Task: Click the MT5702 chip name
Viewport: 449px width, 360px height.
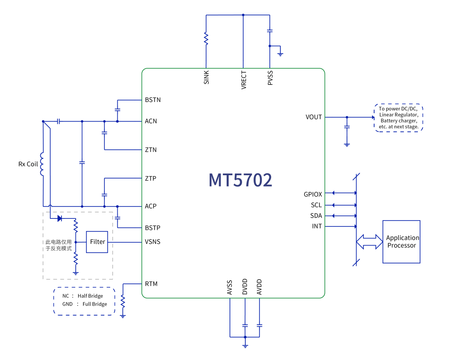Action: [240, 180]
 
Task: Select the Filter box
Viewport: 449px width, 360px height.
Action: [97, 242]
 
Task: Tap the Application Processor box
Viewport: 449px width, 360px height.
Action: [401, 241]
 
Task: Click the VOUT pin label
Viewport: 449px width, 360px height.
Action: [313, 117]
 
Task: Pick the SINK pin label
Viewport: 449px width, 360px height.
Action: [207, 77]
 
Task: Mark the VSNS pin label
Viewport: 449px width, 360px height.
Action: [153, 242]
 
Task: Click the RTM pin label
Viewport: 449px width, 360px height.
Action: [151, 284]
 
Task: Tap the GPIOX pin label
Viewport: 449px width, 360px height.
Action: [313, 194]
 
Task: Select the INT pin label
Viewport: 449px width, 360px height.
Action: [317, 226]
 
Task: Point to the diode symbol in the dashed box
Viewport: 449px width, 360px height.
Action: [60, 218]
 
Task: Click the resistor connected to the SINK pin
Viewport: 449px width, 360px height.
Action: [206, 39]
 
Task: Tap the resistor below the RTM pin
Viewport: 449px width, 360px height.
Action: [123, 300]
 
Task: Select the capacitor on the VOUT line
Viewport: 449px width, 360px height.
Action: [347, 126]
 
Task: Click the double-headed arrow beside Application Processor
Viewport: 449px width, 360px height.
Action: [369, 241]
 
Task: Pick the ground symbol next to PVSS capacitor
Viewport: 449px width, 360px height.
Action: [281, 53]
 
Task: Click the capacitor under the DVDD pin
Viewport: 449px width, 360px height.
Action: [245, 325]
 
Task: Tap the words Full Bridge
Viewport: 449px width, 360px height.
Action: [95, 304]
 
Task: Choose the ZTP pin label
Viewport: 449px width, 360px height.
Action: [151, 179]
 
